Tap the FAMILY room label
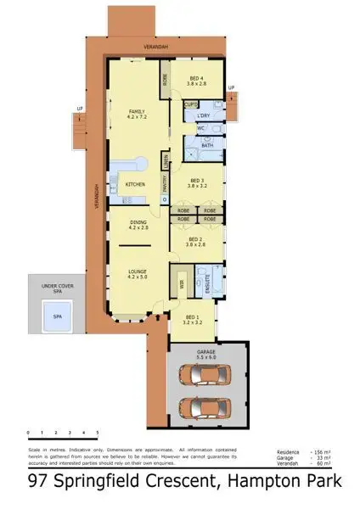136,112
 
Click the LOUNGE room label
138,271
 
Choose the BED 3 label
198,181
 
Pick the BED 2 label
195,240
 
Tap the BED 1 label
194,317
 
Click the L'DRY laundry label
203,115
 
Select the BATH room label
206,146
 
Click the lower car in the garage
207,409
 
